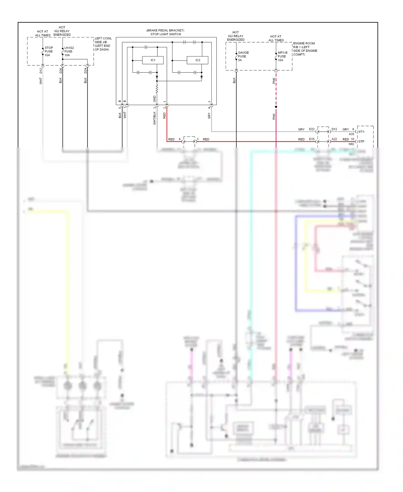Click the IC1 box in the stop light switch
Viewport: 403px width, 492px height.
point(153,60)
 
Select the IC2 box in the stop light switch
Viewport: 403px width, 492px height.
point(197,60)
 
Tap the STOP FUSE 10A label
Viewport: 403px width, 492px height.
point(49,51)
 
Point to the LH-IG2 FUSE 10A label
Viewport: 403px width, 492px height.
point(69,51)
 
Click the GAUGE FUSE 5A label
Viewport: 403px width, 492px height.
point(243,56)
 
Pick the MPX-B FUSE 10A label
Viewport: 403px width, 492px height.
point(282,56)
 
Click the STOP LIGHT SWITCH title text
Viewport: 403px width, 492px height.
point(165,34)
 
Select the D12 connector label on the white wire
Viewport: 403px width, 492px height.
point(41,71)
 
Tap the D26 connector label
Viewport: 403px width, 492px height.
point(61,71)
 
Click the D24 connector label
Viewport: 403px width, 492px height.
point(85,71)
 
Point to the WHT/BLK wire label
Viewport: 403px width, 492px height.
point(154,118)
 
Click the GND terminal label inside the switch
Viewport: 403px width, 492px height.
point(154,99)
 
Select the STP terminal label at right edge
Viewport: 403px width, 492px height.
point(361,142)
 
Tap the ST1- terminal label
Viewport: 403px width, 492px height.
point(361,132)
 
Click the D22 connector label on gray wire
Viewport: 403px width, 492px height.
point(312,129)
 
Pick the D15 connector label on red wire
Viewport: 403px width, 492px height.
point(312,139)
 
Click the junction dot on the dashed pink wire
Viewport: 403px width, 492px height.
point(276,107)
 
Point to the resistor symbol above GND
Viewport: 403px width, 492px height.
point(157,89)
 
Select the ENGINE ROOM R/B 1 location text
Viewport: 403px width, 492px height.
point(305,49)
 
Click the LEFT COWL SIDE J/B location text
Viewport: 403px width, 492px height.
point(103,44)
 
